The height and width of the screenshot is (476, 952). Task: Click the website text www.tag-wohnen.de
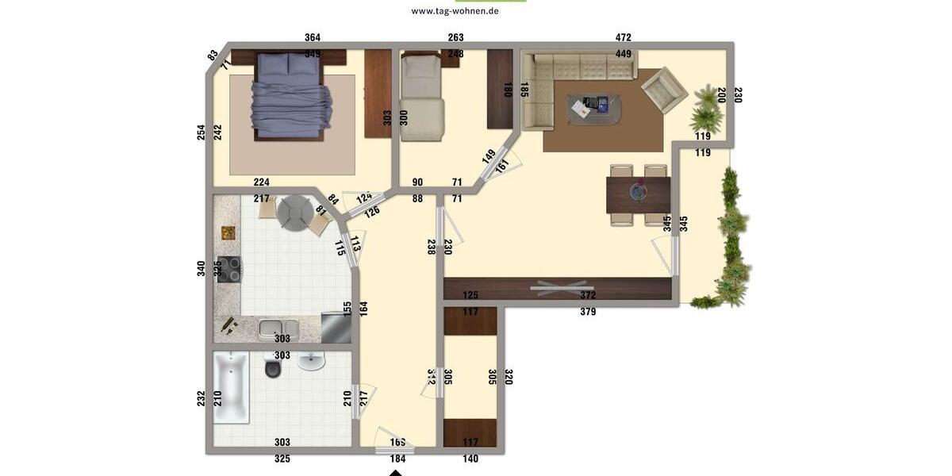click(455, 11)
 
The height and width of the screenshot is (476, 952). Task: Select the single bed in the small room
click(420, 99)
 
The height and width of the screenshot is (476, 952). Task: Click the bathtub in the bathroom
click(231, 390)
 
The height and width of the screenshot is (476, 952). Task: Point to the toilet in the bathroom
click(273, 367)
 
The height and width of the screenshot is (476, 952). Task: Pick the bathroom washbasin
click(311, 361)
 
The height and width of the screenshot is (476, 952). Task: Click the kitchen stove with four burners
click(229, 270)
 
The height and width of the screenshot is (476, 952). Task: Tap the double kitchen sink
click(278, 327)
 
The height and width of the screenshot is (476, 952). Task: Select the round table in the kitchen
click(294, 212)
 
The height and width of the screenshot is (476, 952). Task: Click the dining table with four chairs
click(639, 195)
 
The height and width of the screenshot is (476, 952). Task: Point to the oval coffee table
click(593, 108)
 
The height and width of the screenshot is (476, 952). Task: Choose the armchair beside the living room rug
click(664, 90)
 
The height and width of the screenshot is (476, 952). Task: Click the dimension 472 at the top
click(624, 37)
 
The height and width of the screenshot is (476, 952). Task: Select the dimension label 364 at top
click(313, 37)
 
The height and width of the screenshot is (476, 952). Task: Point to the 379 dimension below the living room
click(588, 312)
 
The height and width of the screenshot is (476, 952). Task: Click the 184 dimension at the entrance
click(397, 459)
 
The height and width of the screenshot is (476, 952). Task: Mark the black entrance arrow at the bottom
click(395, 473)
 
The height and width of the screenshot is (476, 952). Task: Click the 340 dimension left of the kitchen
click(202, 268)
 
